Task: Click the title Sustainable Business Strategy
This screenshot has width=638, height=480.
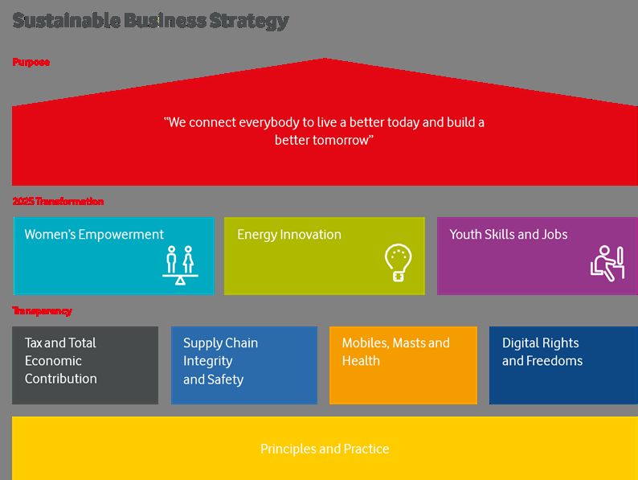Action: (x=150, y=21)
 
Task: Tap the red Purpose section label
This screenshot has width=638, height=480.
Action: (x=31, y=62)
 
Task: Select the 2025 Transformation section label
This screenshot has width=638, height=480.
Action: (x=58, y=201)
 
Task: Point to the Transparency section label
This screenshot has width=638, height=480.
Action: (x=42, y=311)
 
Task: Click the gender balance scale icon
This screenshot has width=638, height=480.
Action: (x=180, y=265)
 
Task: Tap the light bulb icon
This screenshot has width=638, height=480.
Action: (x=398, y=262)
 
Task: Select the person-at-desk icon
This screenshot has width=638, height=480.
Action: (x=607, y=264)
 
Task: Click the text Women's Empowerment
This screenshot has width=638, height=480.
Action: (x=94, y=235)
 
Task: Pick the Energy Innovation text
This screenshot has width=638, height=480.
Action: (x=289, y=235)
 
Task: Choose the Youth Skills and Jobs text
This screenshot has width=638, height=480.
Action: (x=509, y=235)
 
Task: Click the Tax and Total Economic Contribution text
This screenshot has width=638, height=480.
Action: (x=60, y=361)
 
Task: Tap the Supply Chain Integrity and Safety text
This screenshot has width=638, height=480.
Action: (x=220, y=361)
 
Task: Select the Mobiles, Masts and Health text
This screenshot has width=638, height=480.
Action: (x=396, y=351)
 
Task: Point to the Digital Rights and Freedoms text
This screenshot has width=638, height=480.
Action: (x=542, y=351)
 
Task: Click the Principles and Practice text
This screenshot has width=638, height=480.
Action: (x=325, y=449)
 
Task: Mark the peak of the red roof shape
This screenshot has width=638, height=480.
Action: (x=325, y=59)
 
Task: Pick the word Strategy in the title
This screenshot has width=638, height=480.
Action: (x=249, y=21)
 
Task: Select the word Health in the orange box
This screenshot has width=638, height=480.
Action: (x=361, y=361)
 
